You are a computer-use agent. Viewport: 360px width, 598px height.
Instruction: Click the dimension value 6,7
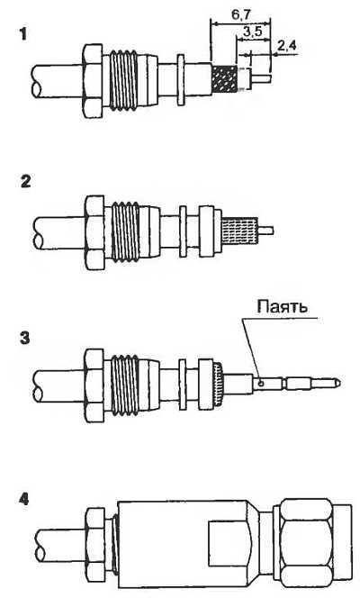[241, 15]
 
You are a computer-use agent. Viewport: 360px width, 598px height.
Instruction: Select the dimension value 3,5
[253, 32]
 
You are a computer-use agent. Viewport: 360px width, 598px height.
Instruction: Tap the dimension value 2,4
[286, 46]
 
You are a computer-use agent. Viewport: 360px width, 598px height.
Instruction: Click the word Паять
[283, 306]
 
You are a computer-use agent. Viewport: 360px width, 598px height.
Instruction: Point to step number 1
[23, 35]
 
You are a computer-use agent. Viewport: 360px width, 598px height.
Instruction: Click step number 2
[25, 181]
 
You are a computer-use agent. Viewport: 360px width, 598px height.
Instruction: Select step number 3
[25, 338]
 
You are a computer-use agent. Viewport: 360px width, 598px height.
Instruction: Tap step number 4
[23, 499]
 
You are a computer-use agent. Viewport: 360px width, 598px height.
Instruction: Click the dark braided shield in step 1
[224, 79]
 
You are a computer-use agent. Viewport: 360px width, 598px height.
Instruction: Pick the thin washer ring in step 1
[181, 79]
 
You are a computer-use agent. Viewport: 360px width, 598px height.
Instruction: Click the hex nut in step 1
[93, 80]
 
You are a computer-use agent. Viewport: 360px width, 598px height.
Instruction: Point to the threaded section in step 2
[125, 231]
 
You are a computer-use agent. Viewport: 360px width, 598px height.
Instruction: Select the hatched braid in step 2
[239, 231]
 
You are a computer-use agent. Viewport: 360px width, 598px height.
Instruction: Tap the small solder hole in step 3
[260, 384]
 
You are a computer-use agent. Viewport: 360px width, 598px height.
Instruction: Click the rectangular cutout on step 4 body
[229, 544]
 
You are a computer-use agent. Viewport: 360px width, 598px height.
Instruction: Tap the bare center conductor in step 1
[262, 78]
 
